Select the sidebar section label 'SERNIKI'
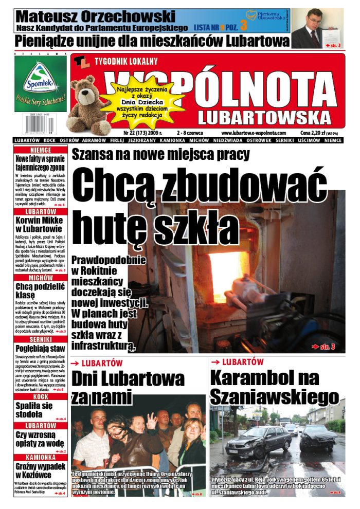[x=41, y=339]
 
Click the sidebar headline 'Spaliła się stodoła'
[x=41, y=409]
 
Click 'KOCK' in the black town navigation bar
[x=50, y=140]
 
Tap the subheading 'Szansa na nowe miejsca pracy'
[x=160, y=154]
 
